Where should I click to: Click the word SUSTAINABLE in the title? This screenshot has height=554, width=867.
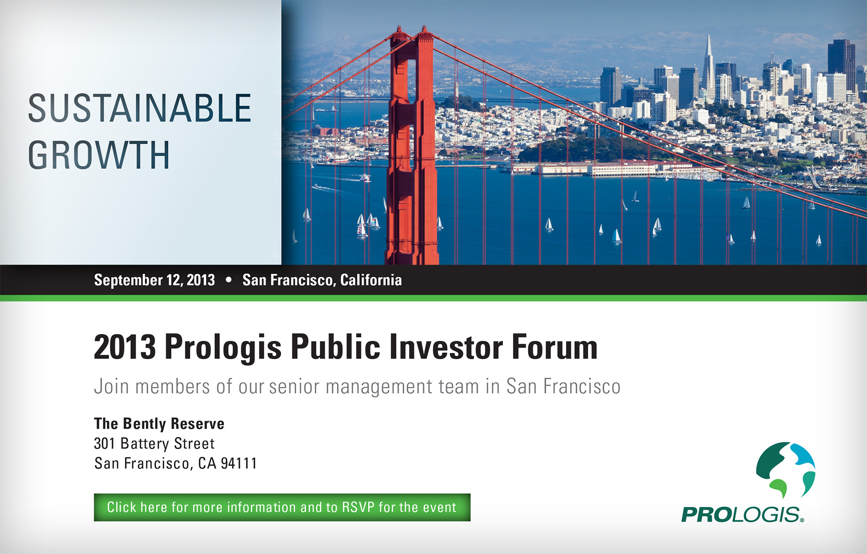[140, 108]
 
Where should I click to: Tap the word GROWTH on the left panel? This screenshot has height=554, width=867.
[99, 155]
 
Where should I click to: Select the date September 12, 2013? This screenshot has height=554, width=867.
[154, 280]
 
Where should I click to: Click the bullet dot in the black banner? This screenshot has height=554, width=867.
[229, 280]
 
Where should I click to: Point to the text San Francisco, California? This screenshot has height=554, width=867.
[322, 280]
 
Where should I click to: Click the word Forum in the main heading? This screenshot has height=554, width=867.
[554, 347]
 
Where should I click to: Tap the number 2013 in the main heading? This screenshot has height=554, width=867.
[125, 347]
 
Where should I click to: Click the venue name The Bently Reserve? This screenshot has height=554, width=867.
[159, 424]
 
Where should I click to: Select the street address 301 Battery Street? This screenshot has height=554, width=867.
[154, 444]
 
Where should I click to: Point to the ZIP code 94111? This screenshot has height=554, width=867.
[239, 464]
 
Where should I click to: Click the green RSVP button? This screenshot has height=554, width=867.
[282, 507]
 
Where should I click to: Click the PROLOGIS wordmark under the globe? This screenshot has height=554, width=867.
[742, 514]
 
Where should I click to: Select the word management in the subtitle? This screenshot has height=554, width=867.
[378, 387]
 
